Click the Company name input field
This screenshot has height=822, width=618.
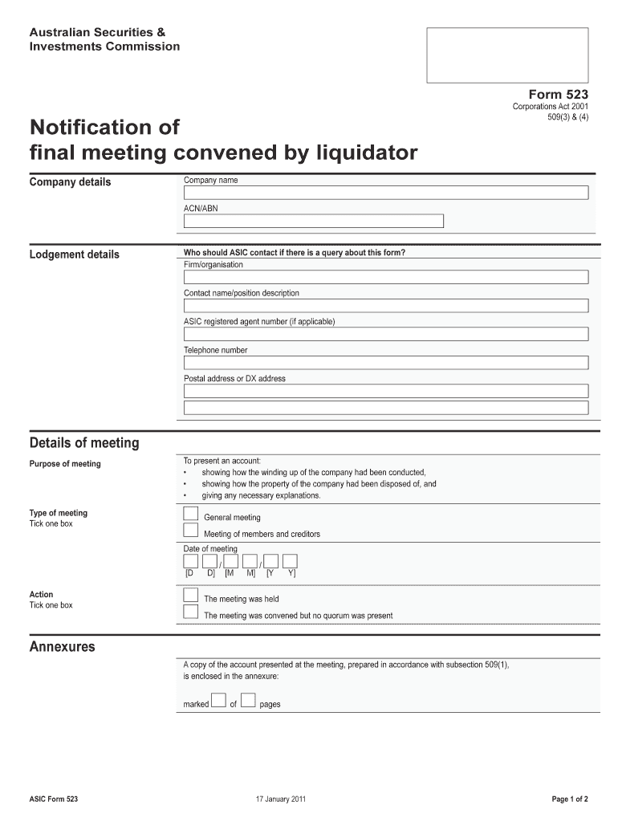385,193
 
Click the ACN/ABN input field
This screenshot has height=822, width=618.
313,221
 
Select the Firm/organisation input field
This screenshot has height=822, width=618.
385,277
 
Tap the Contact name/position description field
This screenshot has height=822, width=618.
385,306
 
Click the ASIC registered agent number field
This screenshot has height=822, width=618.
385,334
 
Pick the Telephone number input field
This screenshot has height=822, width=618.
385,363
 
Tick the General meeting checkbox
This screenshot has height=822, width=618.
191,514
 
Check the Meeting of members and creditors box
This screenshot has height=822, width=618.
191,530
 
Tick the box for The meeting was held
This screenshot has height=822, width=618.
191,595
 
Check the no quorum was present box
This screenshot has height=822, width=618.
191,612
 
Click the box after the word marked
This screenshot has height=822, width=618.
219,700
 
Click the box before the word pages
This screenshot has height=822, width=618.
248,700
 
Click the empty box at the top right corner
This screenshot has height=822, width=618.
507,55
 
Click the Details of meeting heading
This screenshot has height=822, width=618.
84,443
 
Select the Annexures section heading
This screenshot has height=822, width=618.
62,647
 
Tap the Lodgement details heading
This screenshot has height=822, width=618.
74,254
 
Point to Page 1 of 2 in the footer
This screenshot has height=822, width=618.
570,800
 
